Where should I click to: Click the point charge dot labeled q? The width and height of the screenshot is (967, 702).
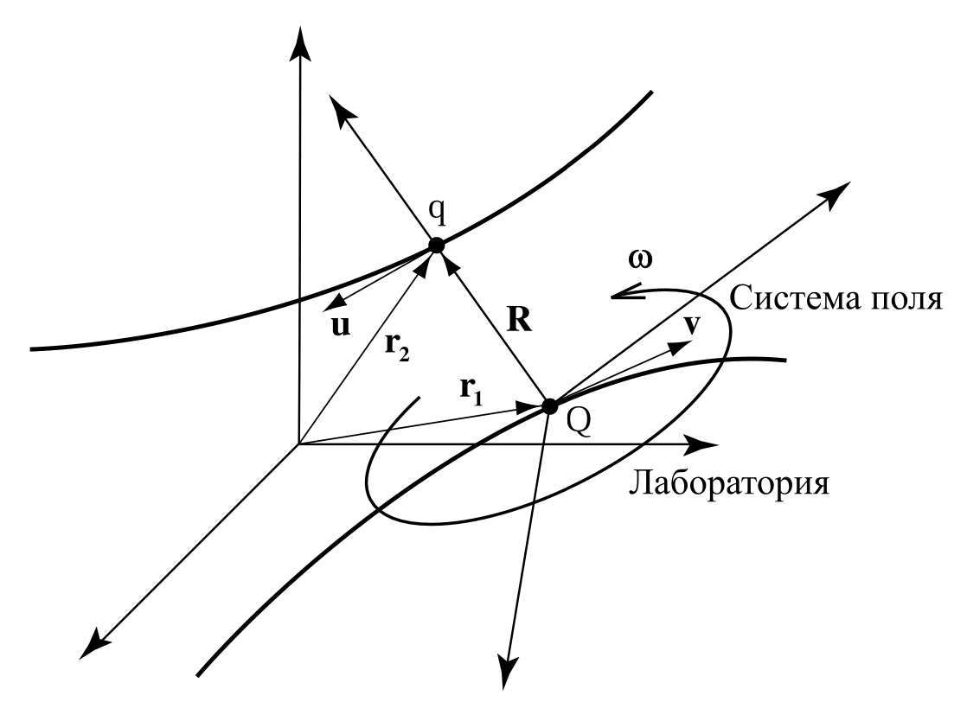pos(436,246)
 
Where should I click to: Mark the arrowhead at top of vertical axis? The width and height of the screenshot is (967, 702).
pos(299,39)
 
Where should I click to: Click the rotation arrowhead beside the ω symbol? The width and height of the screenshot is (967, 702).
pos(618,297)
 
